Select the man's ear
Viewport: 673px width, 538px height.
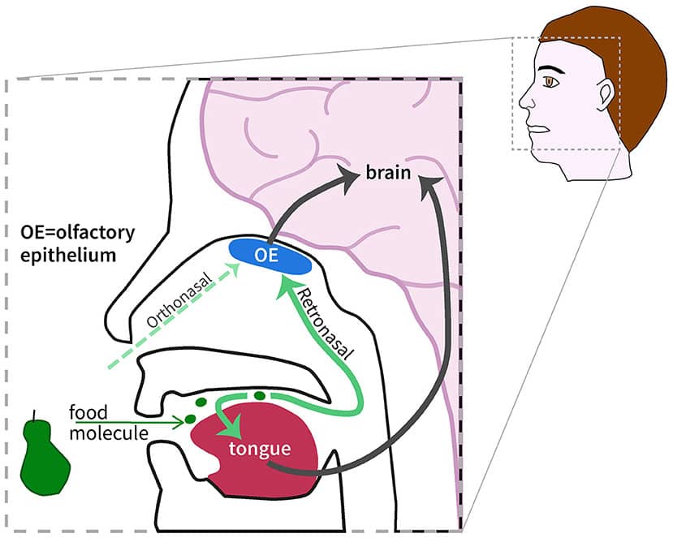605,96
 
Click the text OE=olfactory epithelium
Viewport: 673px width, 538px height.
76,243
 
